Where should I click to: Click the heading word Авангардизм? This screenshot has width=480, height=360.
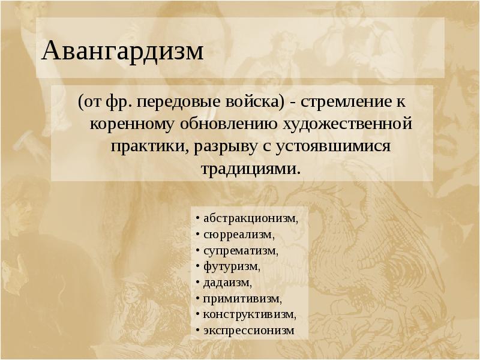[x=122, y=52]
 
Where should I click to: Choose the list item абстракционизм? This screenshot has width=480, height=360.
[x=250, y=218]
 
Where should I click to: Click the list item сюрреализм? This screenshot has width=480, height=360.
[x=239, y=234]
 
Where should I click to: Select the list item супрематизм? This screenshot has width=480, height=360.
[x=241, y=250]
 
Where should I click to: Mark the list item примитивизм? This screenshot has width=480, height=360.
[x=242, y=298]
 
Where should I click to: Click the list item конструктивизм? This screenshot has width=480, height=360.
[x=249, y=313]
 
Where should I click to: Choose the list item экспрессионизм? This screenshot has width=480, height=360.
[x=248, y=329]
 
